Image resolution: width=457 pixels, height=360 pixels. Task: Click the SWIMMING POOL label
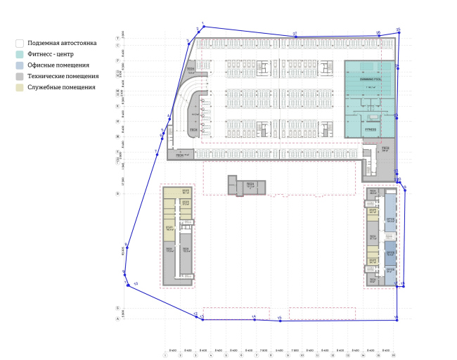pyautogui.click(x=370, y=79)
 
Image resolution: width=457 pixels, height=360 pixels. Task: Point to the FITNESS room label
pyautogui.click(x=371, y=130)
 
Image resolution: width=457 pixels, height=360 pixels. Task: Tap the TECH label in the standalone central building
pyautogui.click(x=250, y=185)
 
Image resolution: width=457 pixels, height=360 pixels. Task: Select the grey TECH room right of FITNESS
pyautogui.click(x=385, y=149)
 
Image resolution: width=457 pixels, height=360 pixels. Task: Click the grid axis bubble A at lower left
pyautogui.click(x=117, y=319)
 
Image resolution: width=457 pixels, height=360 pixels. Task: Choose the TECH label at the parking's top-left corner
pyautogui.click(x=190, y=69)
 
